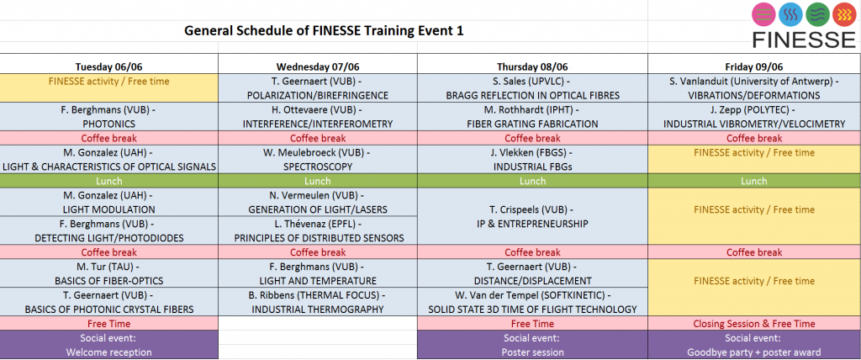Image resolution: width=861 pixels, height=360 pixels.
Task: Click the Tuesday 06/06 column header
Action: tap(108, 66)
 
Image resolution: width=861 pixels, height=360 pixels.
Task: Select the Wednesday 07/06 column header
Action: tap(318, 66)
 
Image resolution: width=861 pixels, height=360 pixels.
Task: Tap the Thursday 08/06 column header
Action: tap(532, 66)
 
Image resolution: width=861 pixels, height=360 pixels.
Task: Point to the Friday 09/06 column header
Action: tap(754, 66)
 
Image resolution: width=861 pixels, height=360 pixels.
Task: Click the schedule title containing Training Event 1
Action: tap(324, 31)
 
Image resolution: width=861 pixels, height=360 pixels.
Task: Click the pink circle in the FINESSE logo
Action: tap(763, 15)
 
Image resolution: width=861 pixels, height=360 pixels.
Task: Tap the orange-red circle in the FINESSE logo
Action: tap(844, 15)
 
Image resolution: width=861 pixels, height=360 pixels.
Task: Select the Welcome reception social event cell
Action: tap(108, 345)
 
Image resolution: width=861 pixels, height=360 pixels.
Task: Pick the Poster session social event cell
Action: tap(532, 345)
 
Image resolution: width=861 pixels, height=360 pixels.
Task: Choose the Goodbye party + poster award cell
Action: tap(754, 345)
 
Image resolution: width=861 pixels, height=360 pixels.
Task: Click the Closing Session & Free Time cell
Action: tap(754, 324)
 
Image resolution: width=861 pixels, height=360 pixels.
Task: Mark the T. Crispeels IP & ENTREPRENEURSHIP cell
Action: tap(532, 216)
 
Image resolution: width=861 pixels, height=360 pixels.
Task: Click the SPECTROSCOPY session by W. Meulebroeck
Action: tap(318, 159)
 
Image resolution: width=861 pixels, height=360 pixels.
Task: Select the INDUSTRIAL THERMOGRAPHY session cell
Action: tap(318, 302)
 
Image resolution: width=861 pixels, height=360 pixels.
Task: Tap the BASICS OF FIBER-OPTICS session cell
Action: tap(108, 273)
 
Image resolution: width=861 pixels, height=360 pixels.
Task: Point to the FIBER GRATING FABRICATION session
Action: tap(532, 117)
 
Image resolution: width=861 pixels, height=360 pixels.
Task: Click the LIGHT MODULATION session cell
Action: tap(108, 202)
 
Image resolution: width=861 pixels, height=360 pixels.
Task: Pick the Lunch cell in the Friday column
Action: tap(754, 181)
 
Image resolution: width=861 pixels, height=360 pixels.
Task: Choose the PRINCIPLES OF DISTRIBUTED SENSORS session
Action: tap(318, 230)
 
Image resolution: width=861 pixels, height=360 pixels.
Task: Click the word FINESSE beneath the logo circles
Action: tap(804, 39)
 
